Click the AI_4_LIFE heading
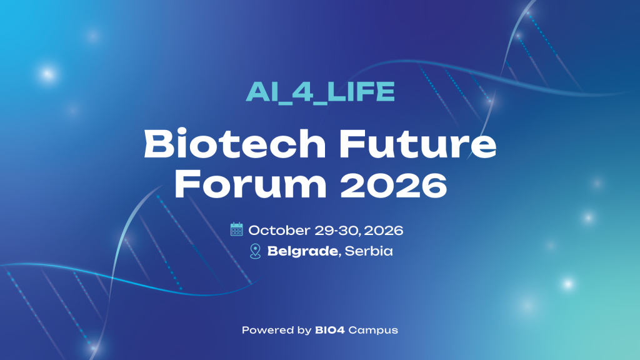point(320,92)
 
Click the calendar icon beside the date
point(237,229)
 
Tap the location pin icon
point(255,252)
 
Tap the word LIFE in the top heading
point(368,92)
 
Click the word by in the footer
point(304,330)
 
